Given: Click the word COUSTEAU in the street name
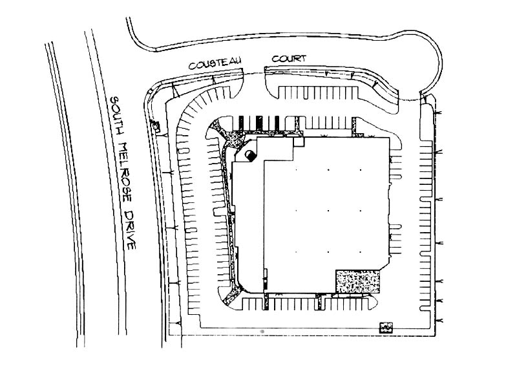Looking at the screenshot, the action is (215, 63).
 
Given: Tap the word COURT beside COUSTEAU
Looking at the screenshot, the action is (289, 58).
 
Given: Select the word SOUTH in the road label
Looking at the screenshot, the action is (117, 116).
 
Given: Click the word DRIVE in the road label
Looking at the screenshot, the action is (131, 230).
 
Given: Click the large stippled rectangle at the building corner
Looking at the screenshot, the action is (357, 282).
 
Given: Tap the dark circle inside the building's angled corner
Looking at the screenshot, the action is (251, 155).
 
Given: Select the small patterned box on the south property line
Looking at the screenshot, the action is (386, 328).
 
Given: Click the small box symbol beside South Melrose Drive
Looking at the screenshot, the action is (155, 126).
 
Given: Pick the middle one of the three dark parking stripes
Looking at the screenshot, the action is (259, 123).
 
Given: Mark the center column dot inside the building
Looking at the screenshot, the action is (328, 211).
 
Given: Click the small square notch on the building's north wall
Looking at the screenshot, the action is (299, 142).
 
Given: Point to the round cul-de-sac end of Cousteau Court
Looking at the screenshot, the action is (428, 59).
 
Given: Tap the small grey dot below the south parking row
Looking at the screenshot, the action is (262, 331).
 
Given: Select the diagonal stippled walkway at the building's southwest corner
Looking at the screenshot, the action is (232, 295).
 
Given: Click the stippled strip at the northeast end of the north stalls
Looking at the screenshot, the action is (354, 126).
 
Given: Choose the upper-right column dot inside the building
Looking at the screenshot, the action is (361, 170).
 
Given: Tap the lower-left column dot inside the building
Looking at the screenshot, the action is (296, 252).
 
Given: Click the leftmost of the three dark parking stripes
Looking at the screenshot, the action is (241, 123).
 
